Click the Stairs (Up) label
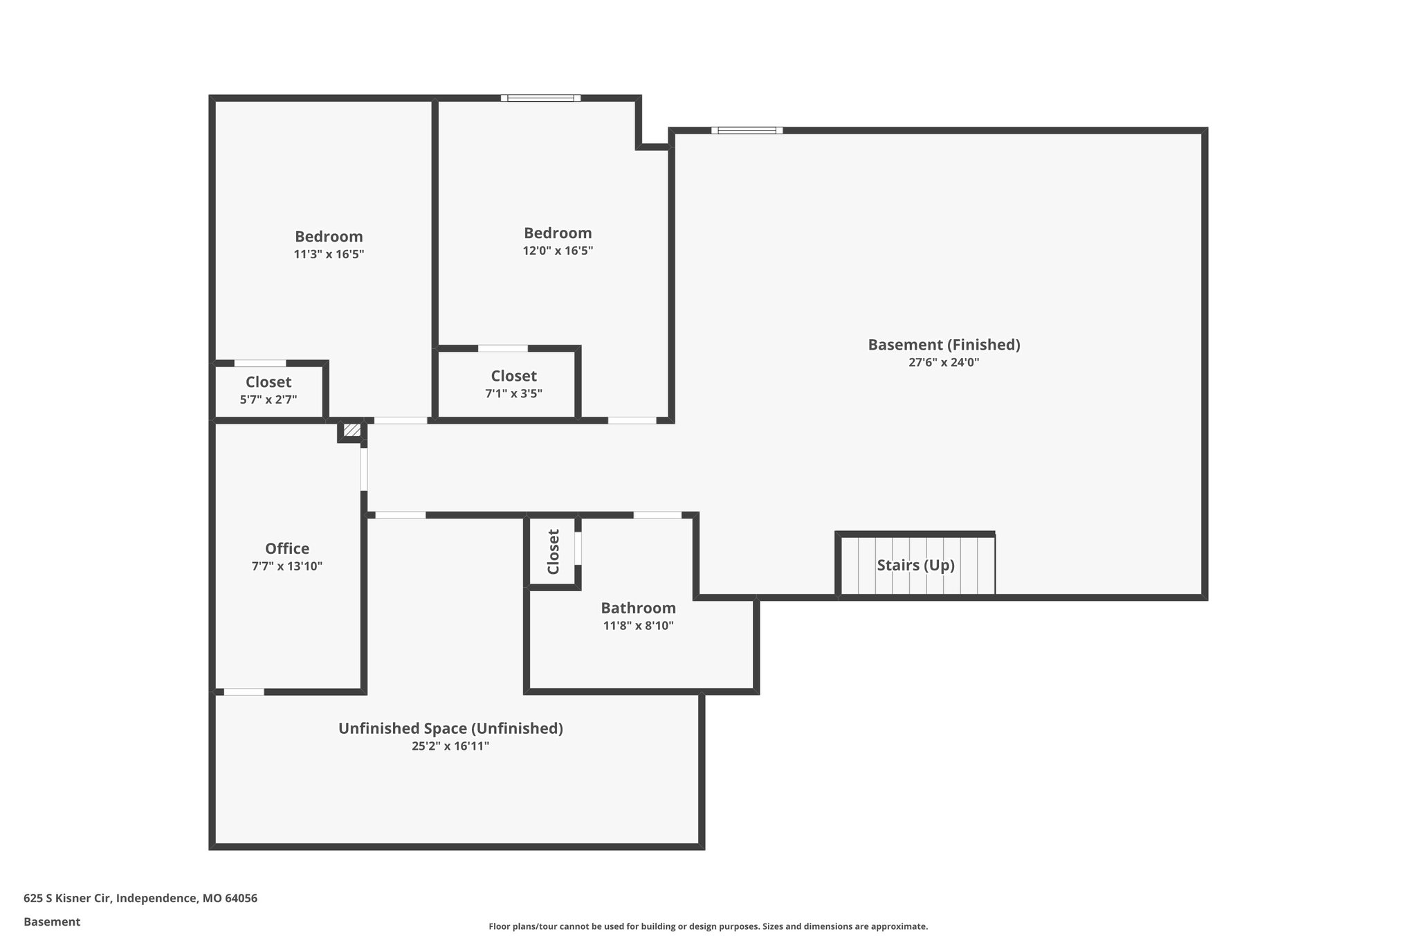pos(915,565)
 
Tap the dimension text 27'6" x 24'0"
pos(944,362)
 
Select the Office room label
pos(287,548)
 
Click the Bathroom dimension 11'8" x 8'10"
pos(638,626)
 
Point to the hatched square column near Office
pos(352,431)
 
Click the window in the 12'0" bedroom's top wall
pos(541,98)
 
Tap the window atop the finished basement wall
pos(747,130)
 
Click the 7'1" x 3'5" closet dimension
pos(513,394)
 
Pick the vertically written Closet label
pos(554,552)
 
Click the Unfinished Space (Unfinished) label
pos(450,728)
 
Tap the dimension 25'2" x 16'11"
pos(450,746)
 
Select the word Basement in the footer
pos(52,922)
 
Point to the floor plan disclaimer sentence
pos(708,926)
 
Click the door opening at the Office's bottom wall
pos(244,692)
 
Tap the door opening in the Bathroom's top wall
pos(657,515)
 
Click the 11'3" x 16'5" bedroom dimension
pos(329,254)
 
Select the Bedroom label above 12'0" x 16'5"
pos(558,233)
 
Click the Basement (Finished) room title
pos(944,344)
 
